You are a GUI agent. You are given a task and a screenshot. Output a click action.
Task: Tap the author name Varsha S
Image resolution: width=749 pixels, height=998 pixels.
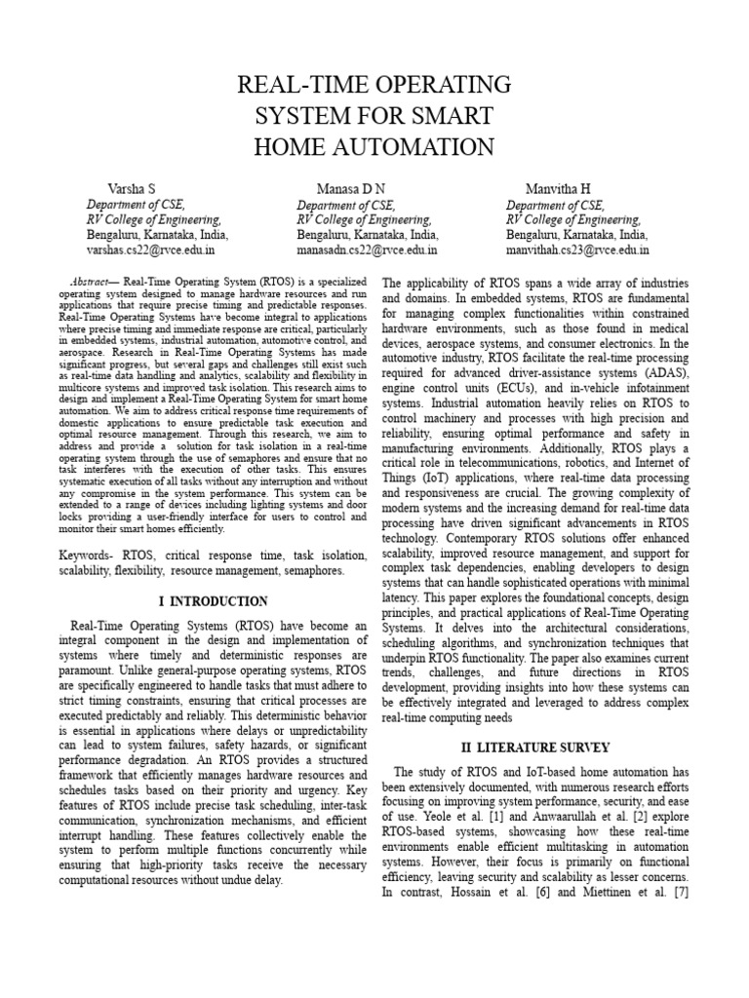[x=132, y=188]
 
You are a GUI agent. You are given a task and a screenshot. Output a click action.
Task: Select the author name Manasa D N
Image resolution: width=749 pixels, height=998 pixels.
[x=350, y=188]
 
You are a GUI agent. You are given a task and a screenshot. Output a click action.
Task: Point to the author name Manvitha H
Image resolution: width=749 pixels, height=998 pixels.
[x=558, y=188]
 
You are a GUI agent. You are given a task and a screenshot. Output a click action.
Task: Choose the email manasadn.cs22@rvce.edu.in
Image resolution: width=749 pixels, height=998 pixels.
[x=366, y=249]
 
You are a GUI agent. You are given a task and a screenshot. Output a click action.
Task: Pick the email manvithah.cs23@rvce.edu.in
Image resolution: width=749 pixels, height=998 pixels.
[x=577, y=249]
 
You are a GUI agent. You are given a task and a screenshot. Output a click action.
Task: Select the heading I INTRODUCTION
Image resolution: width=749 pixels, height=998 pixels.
[x=213, y=600]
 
